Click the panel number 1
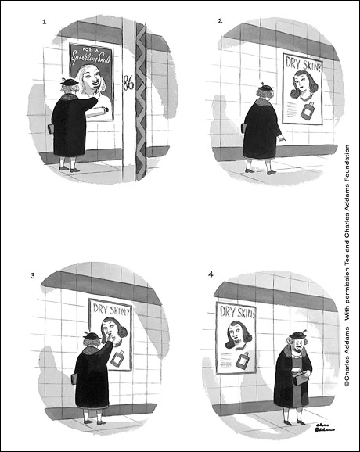coord(45,22)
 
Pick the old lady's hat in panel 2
coord(264,88)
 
